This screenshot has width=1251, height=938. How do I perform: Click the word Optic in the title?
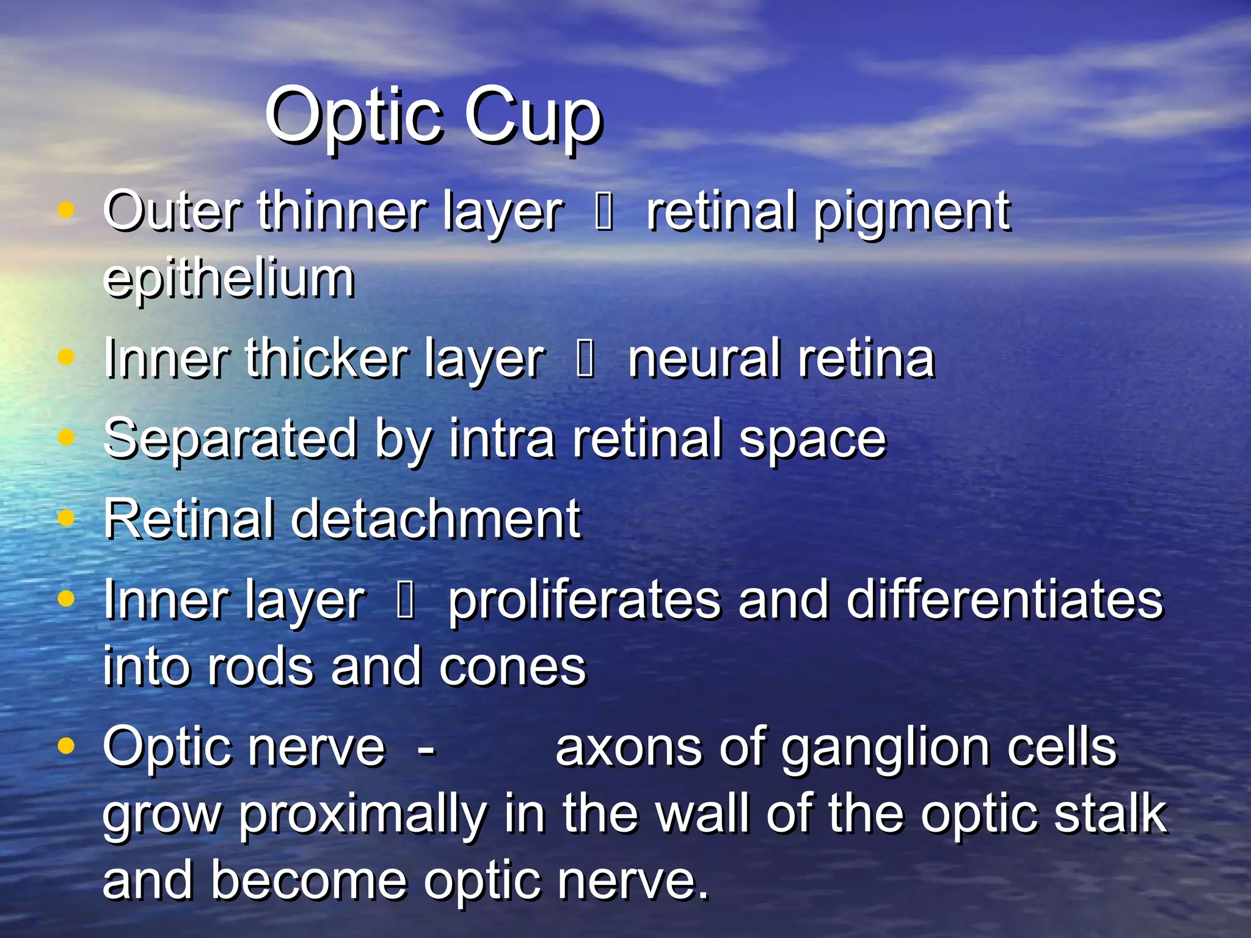[x=353, y=116]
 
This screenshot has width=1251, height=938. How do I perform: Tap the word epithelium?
[x=228, y=278]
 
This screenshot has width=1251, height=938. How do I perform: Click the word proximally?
[x=363, y=816]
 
